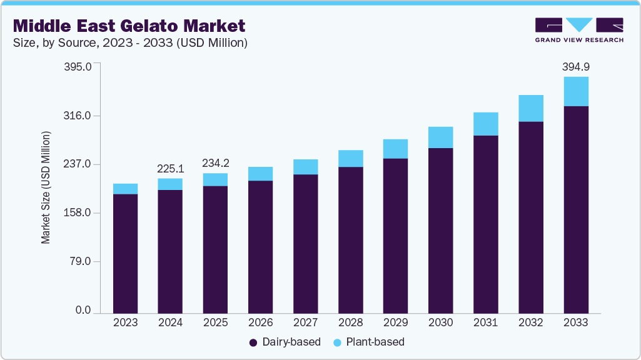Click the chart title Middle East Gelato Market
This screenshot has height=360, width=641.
[x=129, y=26]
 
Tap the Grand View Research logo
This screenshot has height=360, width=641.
[x=579, y=30]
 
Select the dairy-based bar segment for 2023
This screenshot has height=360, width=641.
[x=125, y=253]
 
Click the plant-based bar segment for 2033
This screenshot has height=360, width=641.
[x=576, y=91]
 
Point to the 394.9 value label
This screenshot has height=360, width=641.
[x=576, y=66]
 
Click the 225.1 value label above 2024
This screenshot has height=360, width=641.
[x=170, y=168]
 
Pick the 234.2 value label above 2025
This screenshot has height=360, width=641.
[x=215, y=163]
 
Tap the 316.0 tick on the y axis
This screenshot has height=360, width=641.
[x=79, y=116]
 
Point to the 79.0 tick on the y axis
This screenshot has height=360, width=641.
[x=81, y=261]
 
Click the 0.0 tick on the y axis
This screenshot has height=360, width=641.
[x=84, y=311]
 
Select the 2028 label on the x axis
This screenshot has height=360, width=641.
[x=350, y=323]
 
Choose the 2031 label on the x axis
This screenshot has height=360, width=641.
[x=486, y=323]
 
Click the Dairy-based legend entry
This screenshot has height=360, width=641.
[x=285, y=342]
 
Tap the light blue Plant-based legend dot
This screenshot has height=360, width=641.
[x=338, y=342]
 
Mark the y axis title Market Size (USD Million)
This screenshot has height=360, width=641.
[x=46, y=187]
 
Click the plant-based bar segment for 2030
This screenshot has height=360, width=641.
[x=440, y=137]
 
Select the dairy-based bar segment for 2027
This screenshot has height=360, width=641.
[x=305, y=243]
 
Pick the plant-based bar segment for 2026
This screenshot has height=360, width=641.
[x=260, y=174]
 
